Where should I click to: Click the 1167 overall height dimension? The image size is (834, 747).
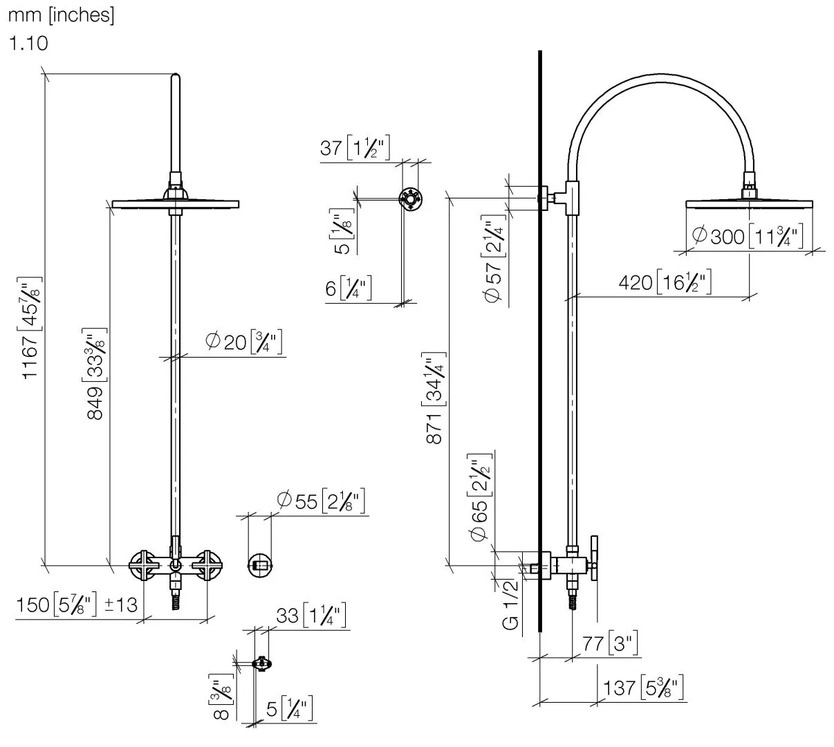32,326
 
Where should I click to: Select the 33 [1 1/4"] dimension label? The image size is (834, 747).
311,616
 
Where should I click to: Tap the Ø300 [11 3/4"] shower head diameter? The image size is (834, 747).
747,237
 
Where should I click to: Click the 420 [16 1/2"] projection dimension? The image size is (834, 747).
665,282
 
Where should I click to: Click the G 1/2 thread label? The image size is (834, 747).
510,605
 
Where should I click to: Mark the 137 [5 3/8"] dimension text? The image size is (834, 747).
642,688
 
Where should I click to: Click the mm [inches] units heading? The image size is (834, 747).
61,15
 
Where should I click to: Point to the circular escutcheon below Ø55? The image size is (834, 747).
261,566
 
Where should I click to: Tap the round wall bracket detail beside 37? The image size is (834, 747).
411,200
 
